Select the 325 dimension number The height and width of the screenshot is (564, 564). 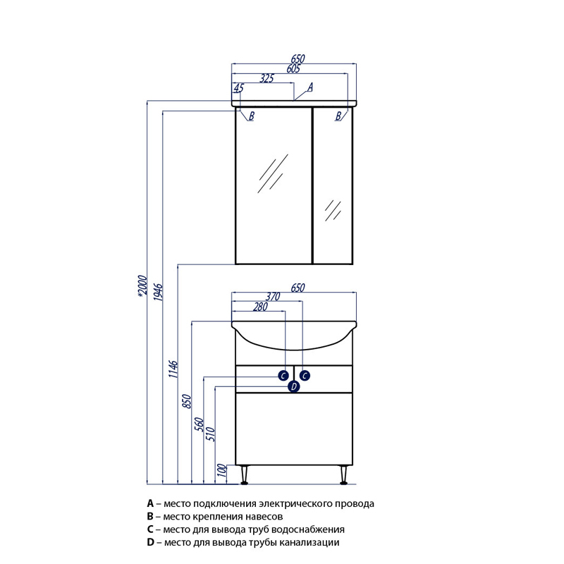266,79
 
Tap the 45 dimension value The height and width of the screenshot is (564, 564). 238,88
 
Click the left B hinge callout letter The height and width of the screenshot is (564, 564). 251,116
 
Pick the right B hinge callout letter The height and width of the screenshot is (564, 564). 338,116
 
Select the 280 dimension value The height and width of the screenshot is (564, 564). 260,306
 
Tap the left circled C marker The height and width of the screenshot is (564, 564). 283,375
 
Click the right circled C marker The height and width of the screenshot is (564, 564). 305,375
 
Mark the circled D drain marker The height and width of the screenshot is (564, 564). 294,386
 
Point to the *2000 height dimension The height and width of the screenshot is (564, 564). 142,288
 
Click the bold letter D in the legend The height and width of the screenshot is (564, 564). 150,542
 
